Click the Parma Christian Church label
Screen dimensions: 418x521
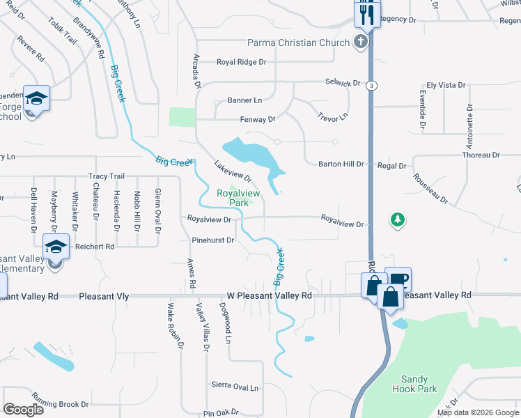coord(299,43)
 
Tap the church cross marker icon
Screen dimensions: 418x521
coord(360,42)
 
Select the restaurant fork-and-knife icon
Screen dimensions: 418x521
coord(367,14)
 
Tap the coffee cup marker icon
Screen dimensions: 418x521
coord(398,280)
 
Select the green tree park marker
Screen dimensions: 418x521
coord(397,220)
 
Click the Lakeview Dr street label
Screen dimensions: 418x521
coord(232,171)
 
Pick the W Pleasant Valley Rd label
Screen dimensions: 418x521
coord(269,295)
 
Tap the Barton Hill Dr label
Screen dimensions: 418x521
coord(341,164)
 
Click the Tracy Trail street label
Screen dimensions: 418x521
coord(106,176)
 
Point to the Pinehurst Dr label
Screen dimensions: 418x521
coord(212,240)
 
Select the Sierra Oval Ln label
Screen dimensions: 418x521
coord(235,385)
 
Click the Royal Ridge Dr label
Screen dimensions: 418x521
coord(242,62)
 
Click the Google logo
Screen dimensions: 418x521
coord(24,410)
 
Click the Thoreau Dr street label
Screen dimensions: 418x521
coord(481,155)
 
